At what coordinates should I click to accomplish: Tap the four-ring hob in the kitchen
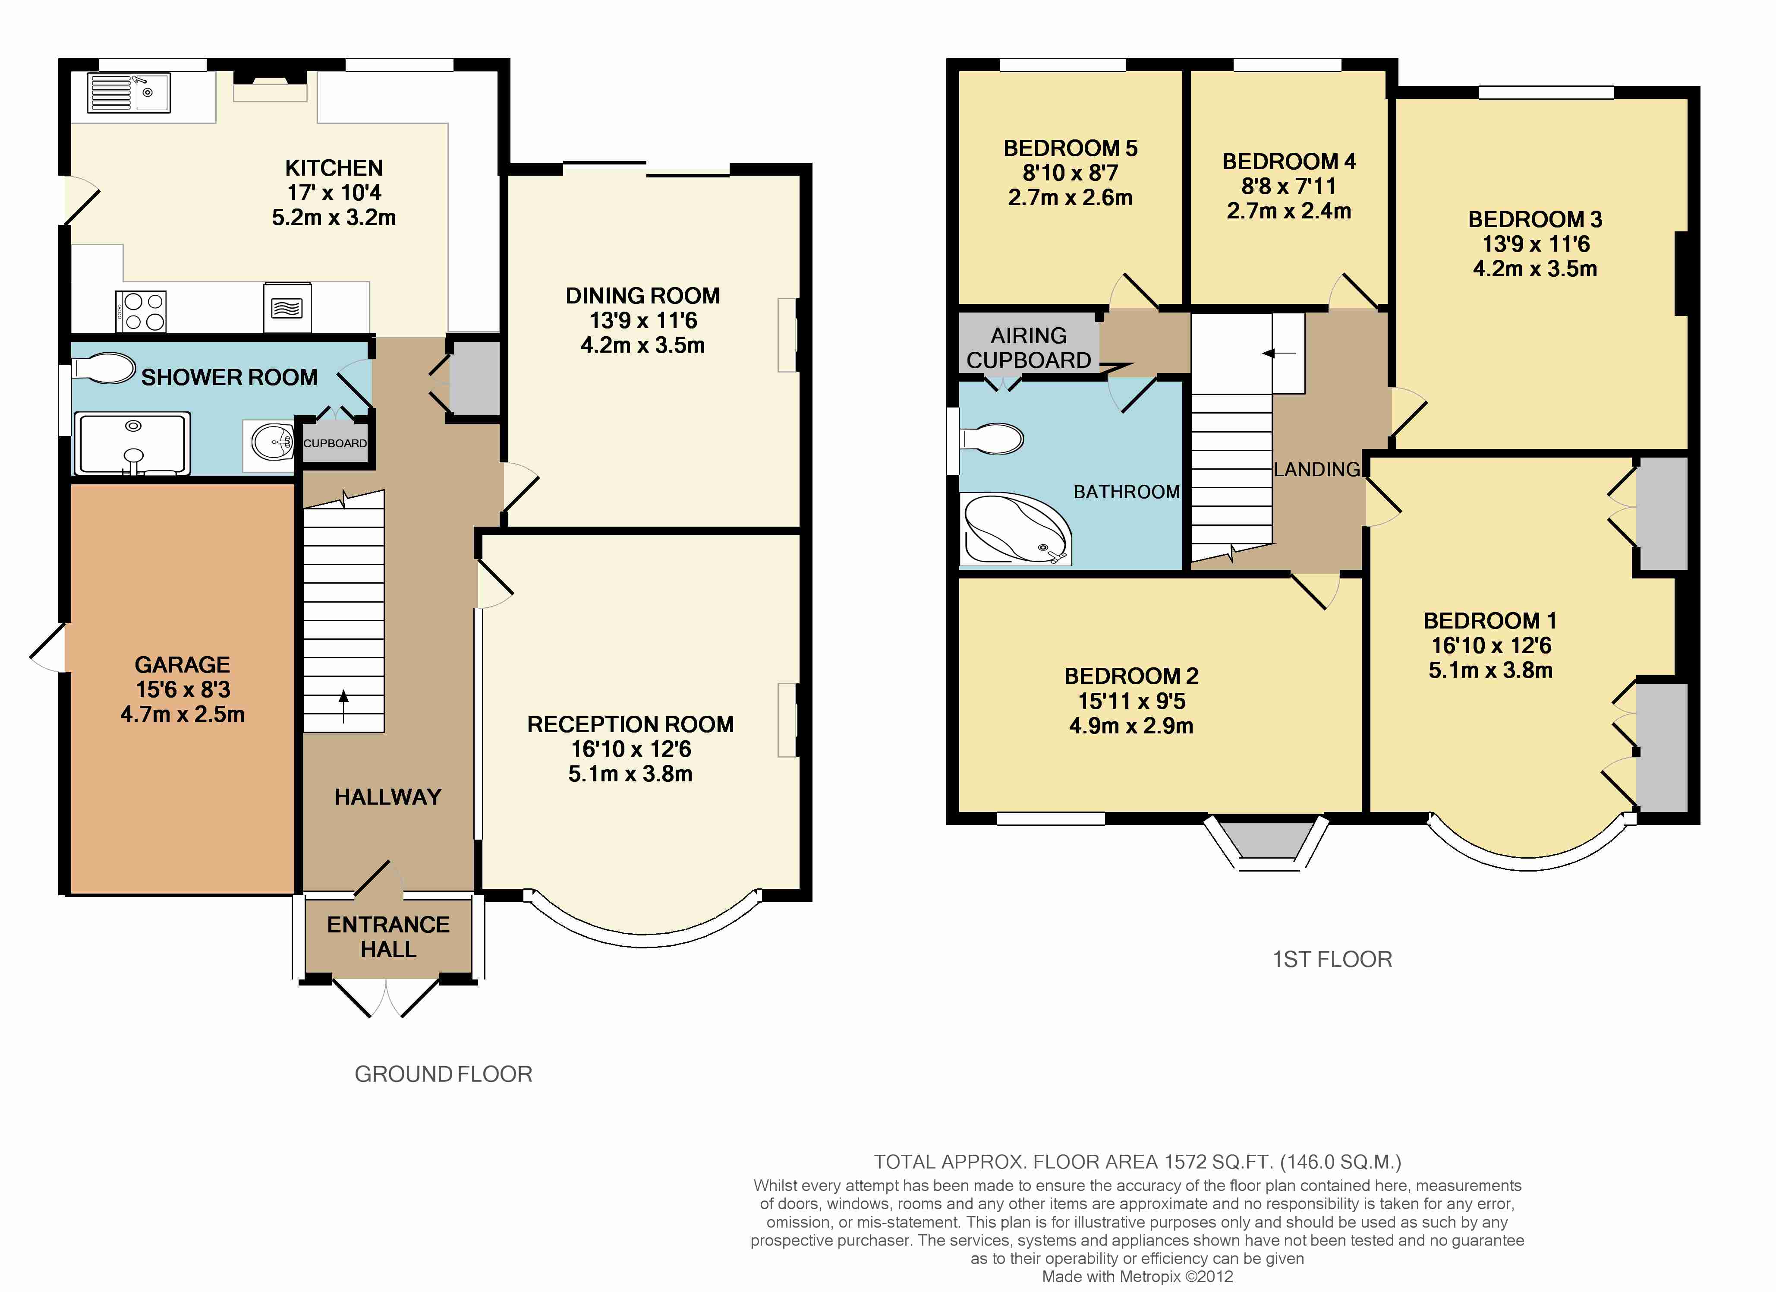click(x=142, y=311)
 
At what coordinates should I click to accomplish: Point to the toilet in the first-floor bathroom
click(x=992, y=439)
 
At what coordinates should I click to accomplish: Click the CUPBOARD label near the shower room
click(x=335, y=443)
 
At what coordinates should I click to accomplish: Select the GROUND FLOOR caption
click(x=443, y=1074)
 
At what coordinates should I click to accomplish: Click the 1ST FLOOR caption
click(x=1332, y=960)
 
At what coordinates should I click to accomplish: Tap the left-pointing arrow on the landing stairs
click(x=1279, y=354)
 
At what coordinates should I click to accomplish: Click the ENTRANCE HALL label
click(x=388, y=937)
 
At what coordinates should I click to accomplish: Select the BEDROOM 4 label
click(x=1289, y=161)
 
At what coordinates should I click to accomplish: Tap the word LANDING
click(x=1317, y=469)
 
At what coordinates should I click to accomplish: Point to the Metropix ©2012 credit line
click(x=1137, y=1276)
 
